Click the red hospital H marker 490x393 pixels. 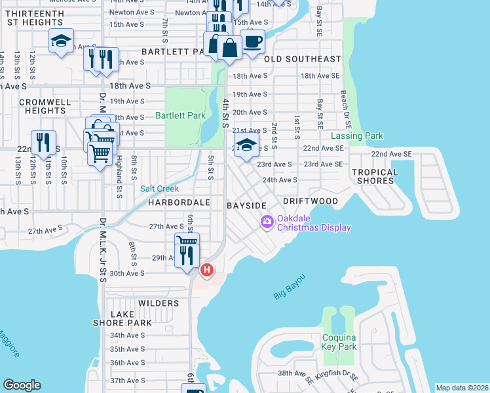click(207, 269)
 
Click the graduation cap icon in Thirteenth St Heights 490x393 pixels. click(61, 41)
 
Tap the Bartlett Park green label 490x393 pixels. click(180, 115)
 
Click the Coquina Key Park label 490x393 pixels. click(339, 342)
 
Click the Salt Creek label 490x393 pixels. click(160, 189)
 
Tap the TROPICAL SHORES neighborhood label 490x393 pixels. click(375, 177)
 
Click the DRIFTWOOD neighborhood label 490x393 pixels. click(311, 201)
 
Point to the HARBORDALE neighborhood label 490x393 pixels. click(178, 203)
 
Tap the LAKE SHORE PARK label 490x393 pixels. click(131, 318)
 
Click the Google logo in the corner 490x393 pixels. click(22, 385)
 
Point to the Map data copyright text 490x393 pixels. click(462, 388)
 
